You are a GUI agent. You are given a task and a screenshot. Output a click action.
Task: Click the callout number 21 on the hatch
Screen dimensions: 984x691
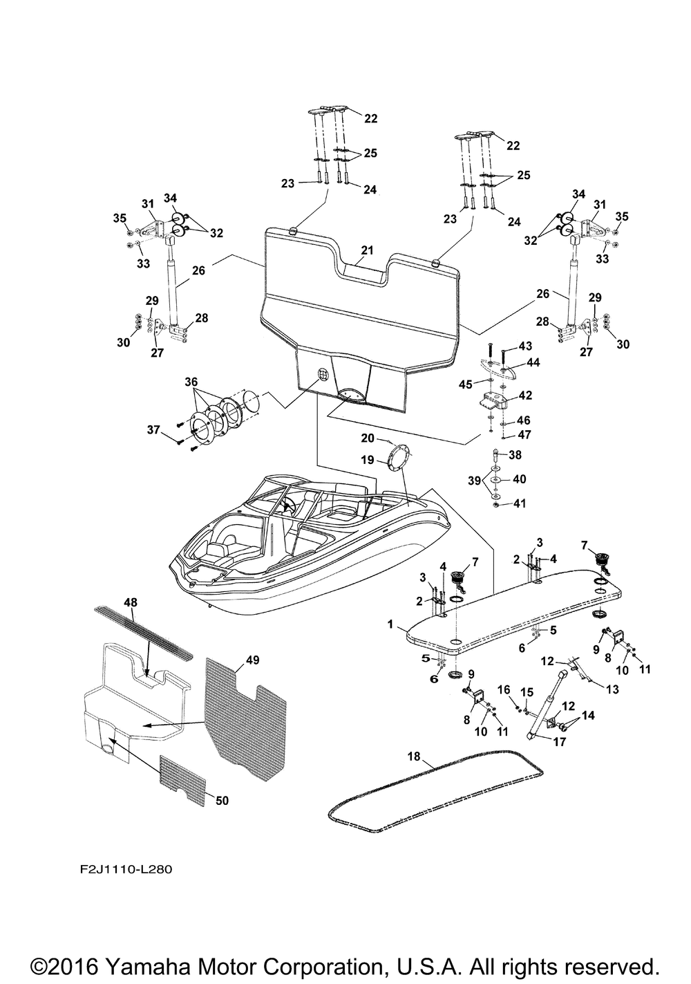click(x=367, y=250)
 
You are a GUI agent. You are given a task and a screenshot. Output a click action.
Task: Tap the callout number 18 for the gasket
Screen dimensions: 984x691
click(x=413, y=757)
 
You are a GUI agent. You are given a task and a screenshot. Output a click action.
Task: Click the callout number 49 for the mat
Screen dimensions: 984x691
click(x=252, y=660)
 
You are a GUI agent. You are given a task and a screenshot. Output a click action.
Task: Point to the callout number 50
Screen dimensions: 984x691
click(x=222, y=801)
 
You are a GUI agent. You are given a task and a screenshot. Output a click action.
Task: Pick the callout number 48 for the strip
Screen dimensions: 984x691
click(x=131, y=602)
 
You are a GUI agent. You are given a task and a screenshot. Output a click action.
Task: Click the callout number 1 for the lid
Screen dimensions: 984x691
click(x=390, y=624)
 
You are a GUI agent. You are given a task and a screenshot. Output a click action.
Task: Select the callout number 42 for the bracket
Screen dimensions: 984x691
click(x=525, y=396)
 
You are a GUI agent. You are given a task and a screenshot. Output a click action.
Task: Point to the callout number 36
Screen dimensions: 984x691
click(x=191, y=381)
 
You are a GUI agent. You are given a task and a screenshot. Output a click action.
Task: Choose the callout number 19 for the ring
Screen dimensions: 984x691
click(x=367, y=459)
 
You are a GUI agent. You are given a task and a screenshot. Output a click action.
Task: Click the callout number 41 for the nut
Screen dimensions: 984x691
click(x=519, y=504)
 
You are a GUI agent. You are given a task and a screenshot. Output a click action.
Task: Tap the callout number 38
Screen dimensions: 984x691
click(x=515, y=455)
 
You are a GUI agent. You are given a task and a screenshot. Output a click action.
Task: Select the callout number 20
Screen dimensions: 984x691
click(x=367, y=438)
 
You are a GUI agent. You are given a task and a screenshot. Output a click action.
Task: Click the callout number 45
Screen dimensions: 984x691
click(x=466, y=384)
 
